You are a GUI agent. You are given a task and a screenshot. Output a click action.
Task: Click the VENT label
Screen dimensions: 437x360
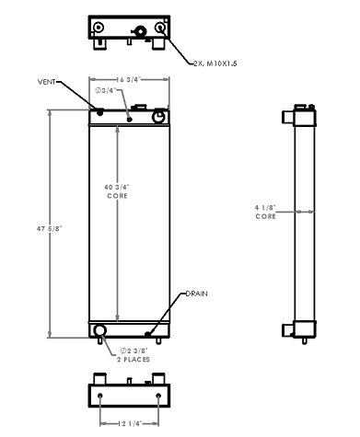point(47,83)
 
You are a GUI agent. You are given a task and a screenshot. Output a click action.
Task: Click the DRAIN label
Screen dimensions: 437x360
point(196,293)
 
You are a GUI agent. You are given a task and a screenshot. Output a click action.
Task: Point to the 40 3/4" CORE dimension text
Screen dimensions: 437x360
point(117,190)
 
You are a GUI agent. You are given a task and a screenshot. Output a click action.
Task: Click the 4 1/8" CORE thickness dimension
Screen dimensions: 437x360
point(265,211)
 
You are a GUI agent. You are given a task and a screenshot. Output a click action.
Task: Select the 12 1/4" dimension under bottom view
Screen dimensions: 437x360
point(129,423)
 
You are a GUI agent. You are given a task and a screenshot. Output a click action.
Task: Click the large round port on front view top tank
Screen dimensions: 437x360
point(159,118)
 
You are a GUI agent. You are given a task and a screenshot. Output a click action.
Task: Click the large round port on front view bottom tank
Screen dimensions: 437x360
point(99,330)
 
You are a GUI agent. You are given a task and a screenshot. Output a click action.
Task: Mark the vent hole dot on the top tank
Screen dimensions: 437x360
point(99,111)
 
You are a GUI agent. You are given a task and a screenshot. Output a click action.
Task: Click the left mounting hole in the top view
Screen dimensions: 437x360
point(98,29)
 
